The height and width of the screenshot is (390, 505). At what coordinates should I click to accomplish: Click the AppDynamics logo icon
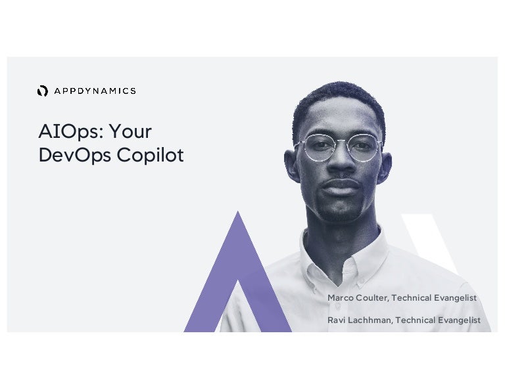[x=43, y=91]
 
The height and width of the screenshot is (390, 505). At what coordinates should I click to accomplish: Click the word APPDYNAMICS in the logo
[x=95, y=91]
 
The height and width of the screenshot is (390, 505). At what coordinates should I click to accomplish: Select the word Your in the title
[x=130, y=132]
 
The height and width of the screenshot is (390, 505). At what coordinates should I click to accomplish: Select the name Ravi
[x=337, y=320]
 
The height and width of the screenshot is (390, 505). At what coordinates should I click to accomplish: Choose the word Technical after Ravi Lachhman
[x=417, y=320]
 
